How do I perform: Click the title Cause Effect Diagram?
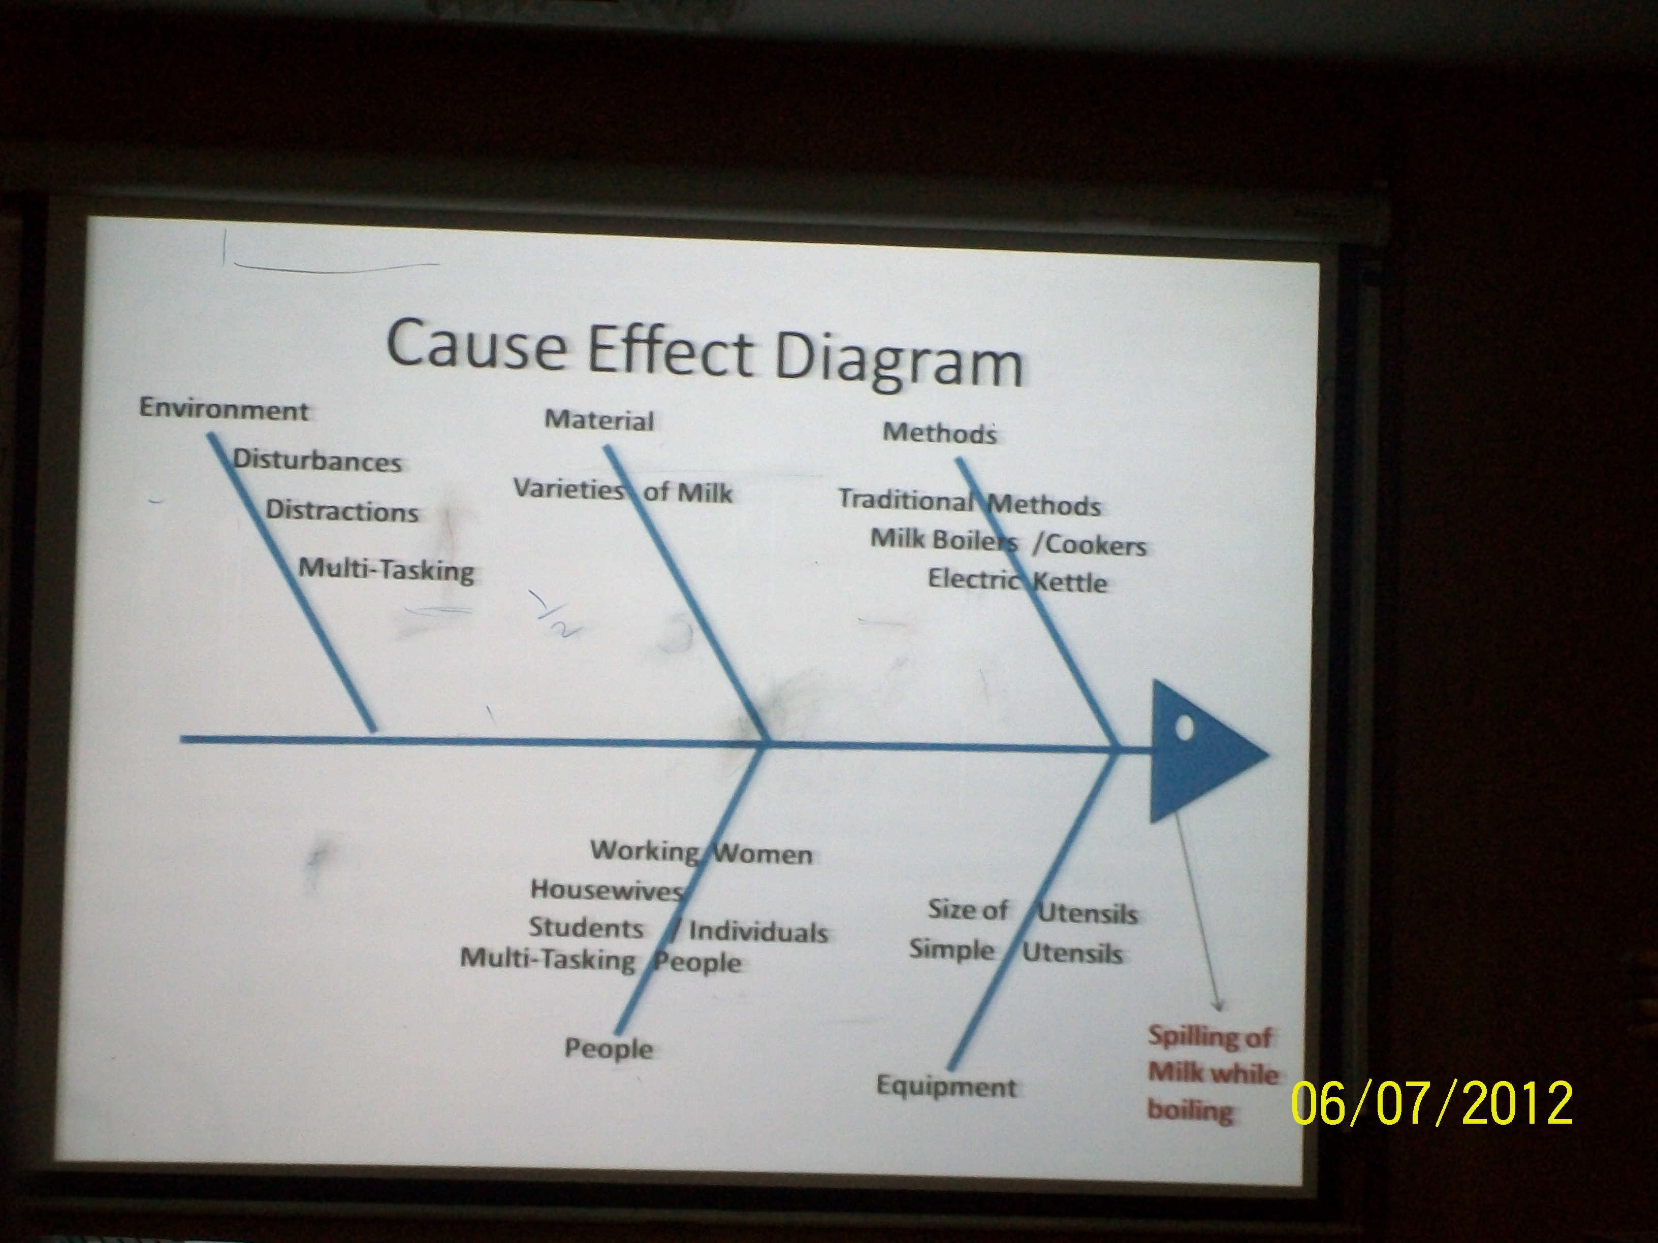click(x=705, y=352)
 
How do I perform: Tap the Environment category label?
click(x=224, y=410)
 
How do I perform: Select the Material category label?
click(x=599, y=419)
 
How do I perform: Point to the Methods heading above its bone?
click(x=940, y=432)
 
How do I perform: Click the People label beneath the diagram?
click(x=609, y=1048)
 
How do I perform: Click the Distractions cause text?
click(x=342, y=510)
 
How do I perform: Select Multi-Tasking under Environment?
click(x=387, y=569)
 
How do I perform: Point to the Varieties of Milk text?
click(x=623, y=491)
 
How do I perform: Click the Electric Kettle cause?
click(x=1017, y=580)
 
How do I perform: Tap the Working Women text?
click(x=702, y=852)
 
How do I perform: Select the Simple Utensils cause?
click(x=1015, y=951)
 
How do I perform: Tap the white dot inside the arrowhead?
click(x=1184, y=728)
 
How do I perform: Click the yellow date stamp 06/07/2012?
click(x=1431, y=1103)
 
